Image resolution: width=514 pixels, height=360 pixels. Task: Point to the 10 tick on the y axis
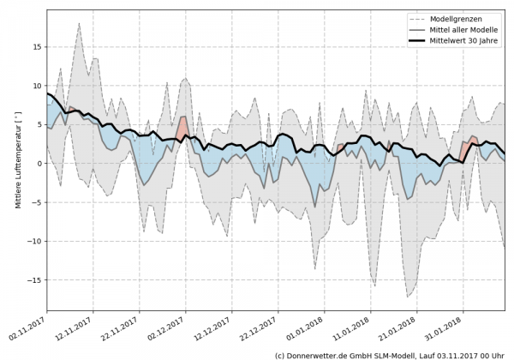coord(36,86)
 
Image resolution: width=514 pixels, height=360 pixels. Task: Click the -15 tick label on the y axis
coord(33,280)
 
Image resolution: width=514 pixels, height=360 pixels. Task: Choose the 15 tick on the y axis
coord(36,47)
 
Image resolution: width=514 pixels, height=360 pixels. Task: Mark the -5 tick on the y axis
coord(36,202)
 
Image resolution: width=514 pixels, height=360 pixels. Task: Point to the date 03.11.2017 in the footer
coord(458,354)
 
